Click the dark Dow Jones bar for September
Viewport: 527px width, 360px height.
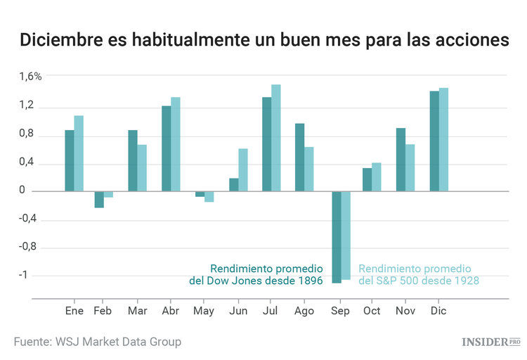coord(337,237)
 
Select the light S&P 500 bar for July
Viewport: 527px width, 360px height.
coord(276,138)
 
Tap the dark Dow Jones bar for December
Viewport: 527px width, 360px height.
coord(434,141)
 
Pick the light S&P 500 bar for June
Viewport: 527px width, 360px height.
coord(243,170)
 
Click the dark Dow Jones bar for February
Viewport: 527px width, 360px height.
coord(99,200)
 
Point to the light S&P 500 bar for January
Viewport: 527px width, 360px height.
coord(79,153)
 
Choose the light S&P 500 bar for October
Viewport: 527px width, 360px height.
coord(377,177)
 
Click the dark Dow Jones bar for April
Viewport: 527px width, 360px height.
coord(167,148)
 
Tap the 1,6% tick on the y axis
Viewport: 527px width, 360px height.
coord(31,77)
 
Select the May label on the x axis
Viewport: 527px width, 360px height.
coord(204,311)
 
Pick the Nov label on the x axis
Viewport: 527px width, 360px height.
coord(405,311)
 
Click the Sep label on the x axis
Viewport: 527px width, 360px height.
coord(339,311)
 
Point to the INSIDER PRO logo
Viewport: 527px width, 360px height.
coord(490,342)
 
